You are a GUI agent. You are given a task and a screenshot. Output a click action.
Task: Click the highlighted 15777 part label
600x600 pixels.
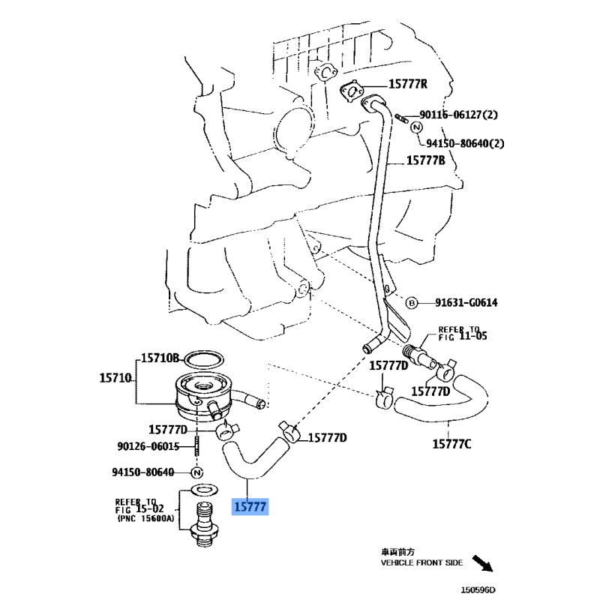pos(250,507)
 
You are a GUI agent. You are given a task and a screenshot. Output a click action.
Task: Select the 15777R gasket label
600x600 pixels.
pos(408,84)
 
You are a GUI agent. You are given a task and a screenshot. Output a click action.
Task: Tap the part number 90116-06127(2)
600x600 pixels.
pos(458,115)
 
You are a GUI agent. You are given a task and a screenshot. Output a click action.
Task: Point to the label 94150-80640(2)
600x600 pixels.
pos(465,143)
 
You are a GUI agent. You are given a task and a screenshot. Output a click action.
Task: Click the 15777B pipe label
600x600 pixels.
pos(425,160)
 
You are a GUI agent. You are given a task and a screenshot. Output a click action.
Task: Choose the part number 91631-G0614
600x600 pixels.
pos(466,303)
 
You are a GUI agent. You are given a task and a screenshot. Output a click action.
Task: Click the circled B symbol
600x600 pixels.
pos(411,303)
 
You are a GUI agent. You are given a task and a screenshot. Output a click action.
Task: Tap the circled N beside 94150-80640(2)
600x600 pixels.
pos(417,127)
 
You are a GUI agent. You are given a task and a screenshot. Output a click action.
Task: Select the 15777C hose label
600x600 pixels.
pos(451,444)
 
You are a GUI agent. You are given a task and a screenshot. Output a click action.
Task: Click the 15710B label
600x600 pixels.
pos(160,358)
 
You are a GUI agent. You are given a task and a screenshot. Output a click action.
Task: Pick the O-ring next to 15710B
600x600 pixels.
pos(204,360)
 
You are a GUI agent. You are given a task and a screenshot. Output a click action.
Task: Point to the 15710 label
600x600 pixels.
pos(115,378)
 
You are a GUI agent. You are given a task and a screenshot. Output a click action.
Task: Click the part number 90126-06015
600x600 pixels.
pos(148,446)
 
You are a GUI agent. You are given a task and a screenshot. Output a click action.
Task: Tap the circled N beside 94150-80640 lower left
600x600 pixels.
pos(196,473)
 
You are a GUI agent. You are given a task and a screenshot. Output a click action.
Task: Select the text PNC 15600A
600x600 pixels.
pos(145,518)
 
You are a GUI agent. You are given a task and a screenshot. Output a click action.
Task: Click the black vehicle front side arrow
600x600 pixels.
pos(483,564)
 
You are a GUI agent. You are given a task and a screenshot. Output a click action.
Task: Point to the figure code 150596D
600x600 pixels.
pos(478,590)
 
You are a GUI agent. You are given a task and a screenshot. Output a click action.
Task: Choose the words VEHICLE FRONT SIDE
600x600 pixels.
pos(421,562)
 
